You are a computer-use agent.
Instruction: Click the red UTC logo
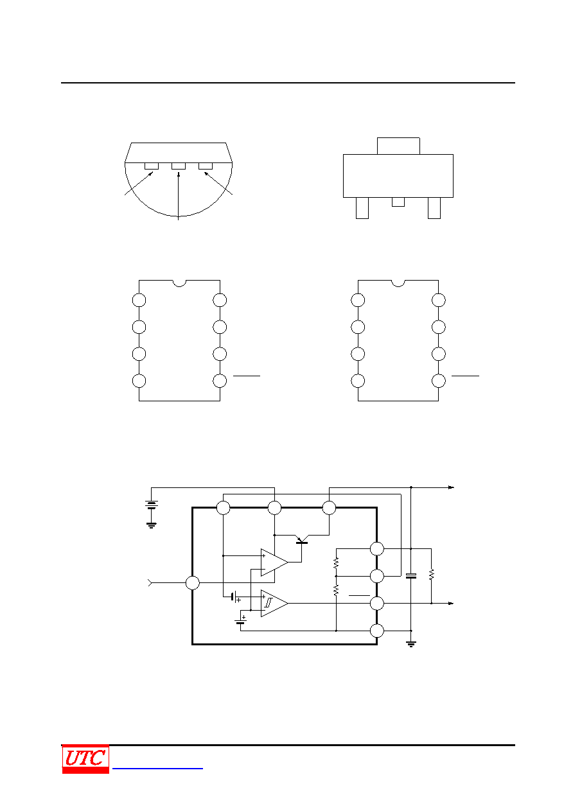point(85,758)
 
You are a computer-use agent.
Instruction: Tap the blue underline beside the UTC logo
point(157,768)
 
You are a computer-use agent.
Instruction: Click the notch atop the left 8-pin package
point(179,283)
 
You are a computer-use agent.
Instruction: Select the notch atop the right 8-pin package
point(398,283)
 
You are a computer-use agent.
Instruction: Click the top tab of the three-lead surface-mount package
point(398,146)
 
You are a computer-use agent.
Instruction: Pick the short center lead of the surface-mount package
point(398,202)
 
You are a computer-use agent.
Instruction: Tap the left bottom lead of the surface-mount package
point(362,208)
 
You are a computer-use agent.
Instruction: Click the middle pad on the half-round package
point(179,166)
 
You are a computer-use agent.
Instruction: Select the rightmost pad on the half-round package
point(206,166)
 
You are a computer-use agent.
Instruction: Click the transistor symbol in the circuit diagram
point(301,541)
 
